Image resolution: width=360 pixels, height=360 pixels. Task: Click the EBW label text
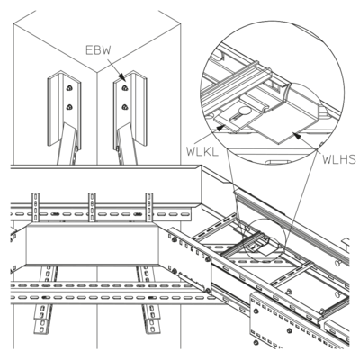(98, 49)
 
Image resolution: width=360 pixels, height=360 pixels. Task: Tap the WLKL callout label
(202, 152)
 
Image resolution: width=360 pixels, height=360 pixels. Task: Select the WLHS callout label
(339, 159)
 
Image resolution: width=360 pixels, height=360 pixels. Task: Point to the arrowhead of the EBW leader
(122, 77)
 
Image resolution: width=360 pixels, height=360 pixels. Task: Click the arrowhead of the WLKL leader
(220, 128)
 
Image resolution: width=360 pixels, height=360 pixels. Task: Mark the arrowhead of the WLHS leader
(296, 136)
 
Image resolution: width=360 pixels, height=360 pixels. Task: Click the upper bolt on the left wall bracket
(69, 88)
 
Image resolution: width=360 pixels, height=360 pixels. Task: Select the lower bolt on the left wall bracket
(69, 107)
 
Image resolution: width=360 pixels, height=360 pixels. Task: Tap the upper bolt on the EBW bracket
(124, 88)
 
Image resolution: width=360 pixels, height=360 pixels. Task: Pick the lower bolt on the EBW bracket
(124, 106)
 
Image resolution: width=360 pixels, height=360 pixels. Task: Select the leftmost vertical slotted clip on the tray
(35, 207)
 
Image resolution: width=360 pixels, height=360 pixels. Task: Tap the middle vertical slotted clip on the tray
(92, 207)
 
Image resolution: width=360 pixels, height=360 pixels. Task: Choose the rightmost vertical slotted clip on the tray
(149, 207)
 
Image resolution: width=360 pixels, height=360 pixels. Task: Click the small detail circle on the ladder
(264, 239)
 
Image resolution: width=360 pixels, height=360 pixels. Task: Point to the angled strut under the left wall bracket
(68, 143)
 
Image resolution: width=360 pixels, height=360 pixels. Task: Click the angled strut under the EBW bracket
(127, 143)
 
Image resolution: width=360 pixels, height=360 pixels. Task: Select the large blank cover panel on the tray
(93, 246)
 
